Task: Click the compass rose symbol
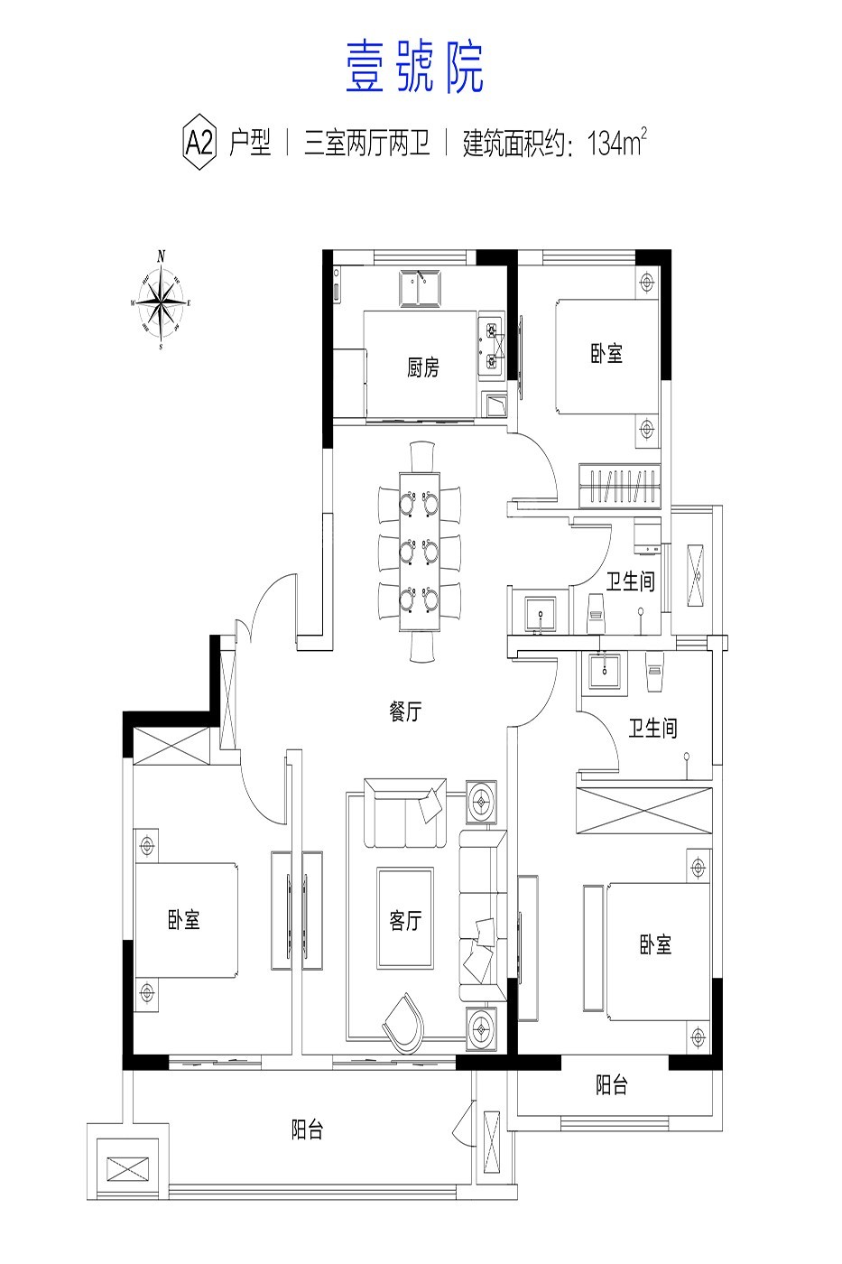pos(162,302)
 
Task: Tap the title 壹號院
pos(414,68)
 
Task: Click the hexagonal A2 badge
pos(200,143)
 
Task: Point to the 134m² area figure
pos(616,142)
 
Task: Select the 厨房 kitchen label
pos(423,367)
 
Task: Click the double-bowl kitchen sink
pos(420,288)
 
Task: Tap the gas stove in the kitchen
pos(492,345)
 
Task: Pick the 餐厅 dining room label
pos(405,711)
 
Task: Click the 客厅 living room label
pos(405,920)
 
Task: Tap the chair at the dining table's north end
pos(422,456)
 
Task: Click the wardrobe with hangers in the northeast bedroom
pos(620,486)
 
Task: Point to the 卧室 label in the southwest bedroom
pos(184,920)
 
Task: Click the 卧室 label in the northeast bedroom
pos(606,354)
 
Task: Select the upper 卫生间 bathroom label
pos(631,581)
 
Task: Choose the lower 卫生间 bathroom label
pos(653,728)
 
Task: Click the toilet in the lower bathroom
pos(654,672)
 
